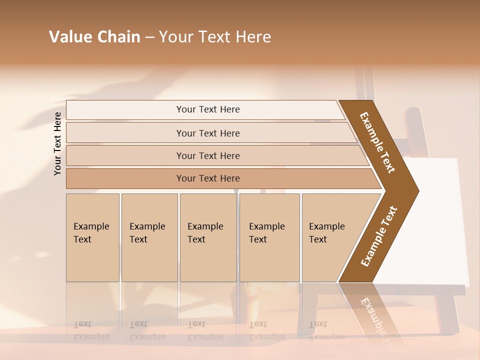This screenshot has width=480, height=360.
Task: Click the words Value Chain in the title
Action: pos(94,37)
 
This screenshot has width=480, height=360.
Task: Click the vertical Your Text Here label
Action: pos(58,143)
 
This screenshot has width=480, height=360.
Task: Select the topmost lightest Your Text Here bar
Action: pos(208,109)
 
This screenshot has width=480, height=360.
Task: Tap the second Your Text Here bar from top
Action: pos(208,133)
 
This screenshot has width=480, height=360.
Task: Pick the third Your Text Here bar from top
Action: pos(208,155)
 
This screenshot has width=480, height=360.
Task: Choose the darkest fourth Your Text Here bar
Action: pos(208,178)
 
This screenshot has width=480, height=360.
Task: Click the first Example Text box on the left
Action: pos(92,237)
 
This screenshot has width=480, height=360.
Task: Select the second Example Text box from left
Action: pos(149,237)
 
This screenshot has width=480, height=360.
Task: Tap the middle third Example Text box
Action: pos(208,237)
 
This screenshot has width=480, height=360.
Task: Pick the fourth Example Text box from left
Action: pos(269,237)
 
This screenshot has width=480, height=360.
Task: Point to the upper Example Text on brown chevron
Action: pos(377,142)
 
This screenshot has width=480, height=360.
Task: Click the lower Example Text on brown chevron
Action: pos(379,236)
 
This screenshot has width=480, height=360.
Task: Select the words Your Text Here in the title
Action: pos(215,37)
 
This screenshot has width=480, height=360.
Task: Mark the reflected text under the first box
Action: pos(91,330)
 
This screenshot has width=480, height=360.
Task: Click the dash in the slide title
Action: pos(149,37)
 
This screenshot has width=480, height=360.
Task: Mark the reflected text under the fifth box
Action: pos(327,330)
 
